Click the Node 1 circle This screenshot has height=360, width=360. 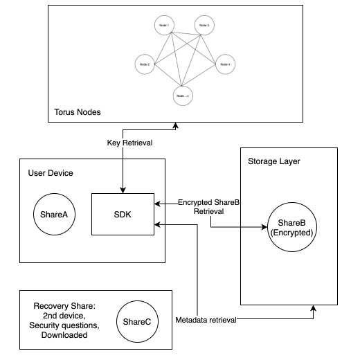(163, 27)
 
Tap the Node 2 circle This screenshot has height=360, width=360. (144, 64)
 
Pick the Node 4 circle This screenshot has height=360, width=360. (224, 64)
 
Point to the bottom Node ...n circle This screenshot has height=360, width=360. (183, 95)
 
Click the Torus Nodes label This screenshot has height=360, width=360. (76, 112)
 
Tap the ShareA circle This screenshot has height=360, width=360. (50, 215)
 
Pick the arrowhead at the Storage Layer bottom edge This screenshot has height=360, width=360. (314, 309)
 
